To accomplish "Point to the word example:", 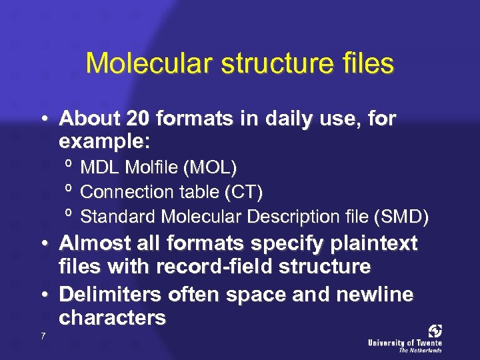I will (x=105, y=142).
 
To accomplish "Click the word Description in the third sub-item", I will (x=291, y=217).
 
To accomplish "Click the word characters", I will (x=112, y=318).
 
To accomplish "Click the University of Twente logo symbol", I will (x=435, y=331).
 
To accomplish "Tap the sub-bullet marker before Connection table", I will (x=69, y=190).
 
